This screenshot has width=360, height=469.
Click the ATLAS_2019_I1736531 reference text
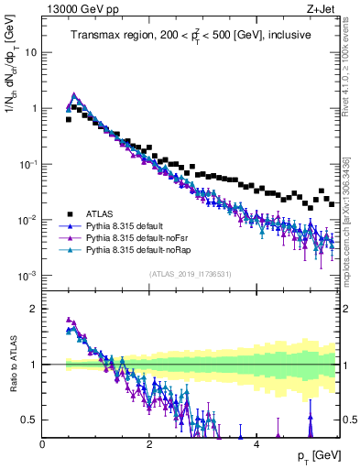point(190,274)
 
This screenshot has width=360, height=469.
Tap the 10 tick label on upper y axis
point(30,52)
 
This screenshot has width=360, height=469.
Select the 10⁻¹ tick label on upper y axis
point(27,164)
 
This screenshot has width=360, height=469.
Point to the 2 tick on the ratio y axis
point(35,308)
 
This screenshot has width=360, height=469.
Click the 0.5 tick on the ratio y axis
point(30,420)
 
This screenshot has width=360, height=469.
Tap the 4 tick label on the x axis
point(256,444)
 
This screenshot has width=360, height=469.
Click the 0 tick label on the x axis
point(43,444)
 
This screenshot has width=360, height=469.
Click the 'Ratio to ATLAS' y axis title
point(11,365)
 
